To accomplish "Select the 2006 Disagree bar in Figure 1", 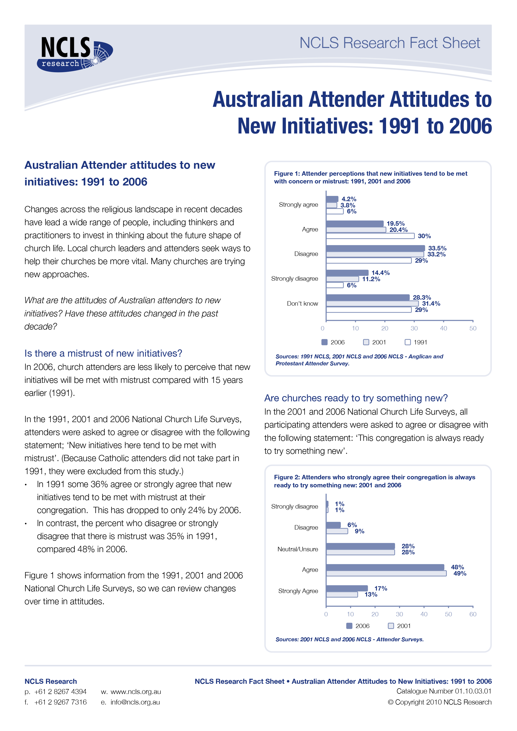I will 375,248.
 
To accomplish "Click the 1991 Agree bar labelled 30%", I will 370,236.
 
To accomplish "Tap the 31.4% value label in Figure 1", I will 431,304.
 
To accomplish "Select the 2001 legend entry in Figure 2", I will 399,626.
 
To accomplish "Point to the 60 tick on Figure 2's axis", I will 473,614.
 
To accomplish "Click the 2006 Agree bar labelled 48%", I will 385,567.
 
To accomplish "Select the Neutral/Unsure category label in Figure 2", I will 298,549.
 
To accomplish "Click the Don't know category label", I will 302,304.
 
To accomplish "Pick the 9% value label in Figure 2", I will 359,531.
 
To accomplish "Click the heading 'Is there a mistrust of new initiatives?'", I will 103,353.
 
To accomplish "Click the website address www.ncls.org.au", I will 136,692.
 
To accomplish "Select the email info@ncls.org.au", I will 135,702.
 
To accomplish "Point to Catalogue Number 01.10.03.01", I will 444,691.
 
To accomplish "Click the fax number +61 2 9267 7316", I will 60,702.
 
